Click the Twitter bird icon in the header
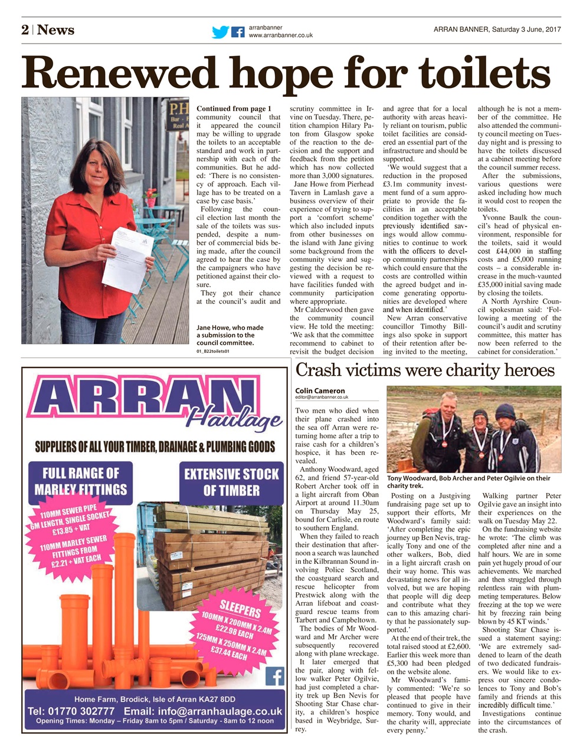pyautogui.click(x=220, y=32)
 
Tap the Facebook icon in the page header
pyautogui.click(x=238, y=32)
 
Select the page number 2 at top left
pyautogui.click(x=25, y=30)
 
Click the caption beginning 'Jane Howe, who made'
pyautogui.click(x=230, y=335)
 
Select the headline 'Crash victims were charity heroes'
pyautogui.click(x=424, y=370)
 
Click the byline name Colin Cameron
pyautogui.click(x=320, y=390)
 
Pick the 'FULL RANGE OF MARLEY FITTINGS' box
pyautogui.click(x=80, y=481)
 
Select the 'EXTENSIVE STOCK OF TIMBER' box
pyautogui.click(x=231, y=482)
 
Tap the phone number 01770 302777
pyautogui.click(x=71, y=711)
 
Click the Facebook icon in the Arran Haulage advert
pyautogui.click(x=274, y=676)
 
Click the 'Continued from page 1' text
pyautogui.click(x=234, y=109)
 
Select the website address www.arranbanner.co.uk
pyautogui.click(x=280, y=36)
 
